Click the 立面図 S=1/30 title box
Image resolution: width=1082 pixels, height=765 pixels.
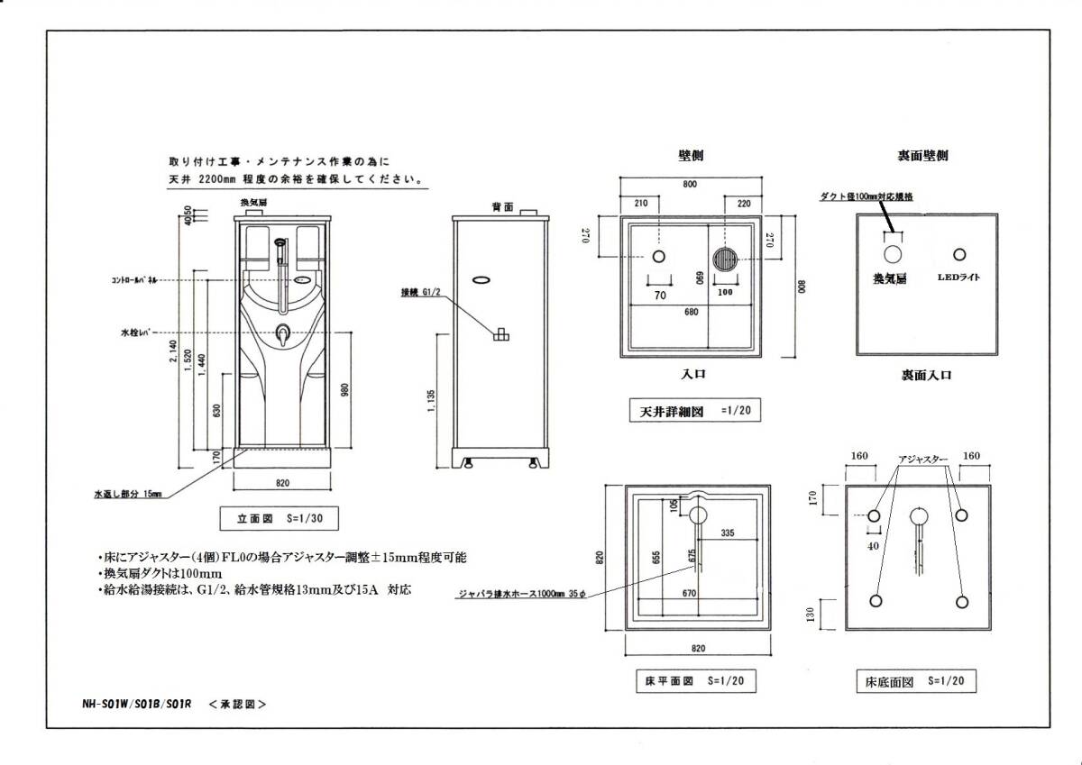tap(280, 519)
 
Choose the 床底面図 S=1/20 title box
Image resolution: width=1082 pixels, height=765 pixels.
tap(915, 682)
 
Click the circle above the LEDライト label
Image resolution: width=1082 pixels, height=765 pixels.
tap(959, 254)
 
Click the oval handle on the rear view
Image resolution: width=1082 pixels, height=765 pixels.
tap(481, 280)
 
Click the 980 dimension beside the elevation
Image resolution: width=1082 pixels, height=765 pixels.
tap(345, 390)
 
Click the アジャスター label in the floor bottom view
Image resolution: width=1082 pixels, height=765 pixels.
tap(922, 461)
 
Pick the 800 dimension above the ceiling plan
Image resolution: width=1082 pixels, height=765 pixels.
tap(690, 185)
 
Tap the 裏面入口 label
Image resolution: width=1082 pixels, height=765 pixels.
tap(926, 375)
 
